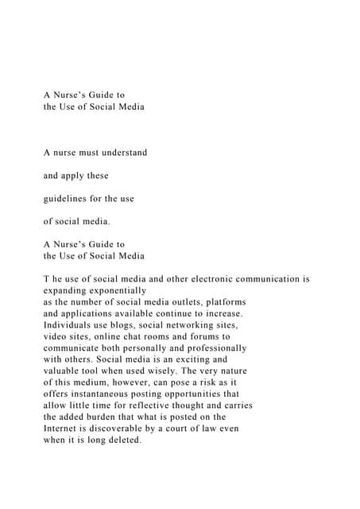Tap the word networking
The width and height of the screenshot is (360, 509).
click(178, 325)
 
